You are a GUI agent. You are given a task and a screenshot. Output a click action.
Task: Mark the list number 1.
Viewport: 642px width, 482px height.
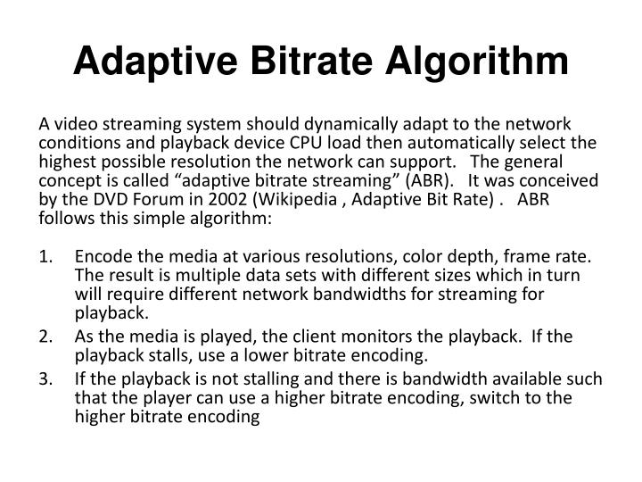click(45, 257)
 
